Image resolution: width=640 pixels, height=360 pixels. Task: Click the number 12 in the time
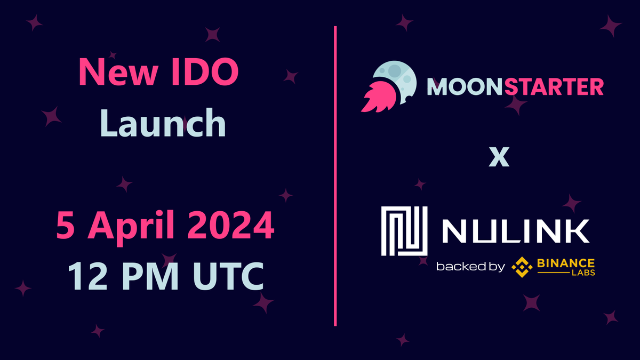coord(84,276)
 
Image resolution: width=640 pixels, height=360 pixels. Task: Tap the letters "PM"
coord(142,276)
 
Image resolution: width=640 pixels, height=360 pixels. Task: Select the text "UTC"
coord(219,276)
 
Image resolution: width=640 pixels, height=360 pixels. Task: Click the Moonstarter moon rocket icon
coord(387,86)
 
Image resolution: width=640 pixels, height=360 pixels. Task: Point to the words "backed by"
coord(469,266)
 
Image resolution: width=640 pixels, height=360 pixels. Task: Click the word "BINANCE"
coord(566,263)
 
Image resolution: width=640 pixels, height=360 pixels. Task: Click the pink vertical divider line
coord(335,176)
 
